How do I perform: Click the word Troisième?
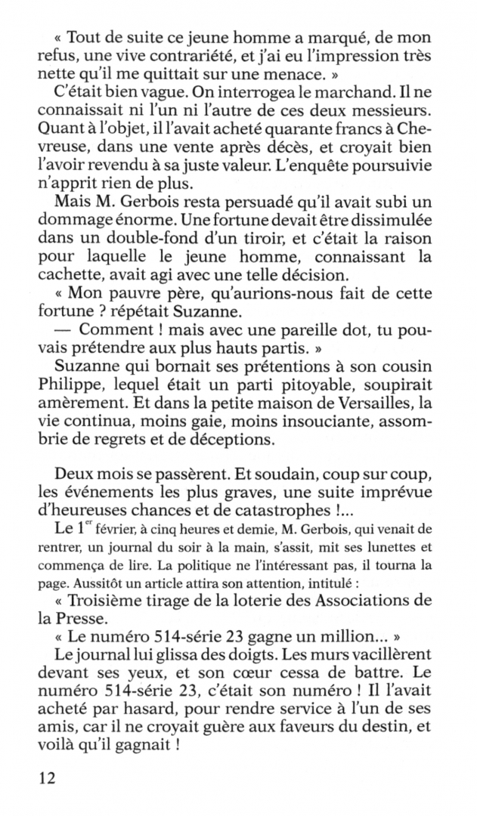pyautogui.click(x=118, y=600)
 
